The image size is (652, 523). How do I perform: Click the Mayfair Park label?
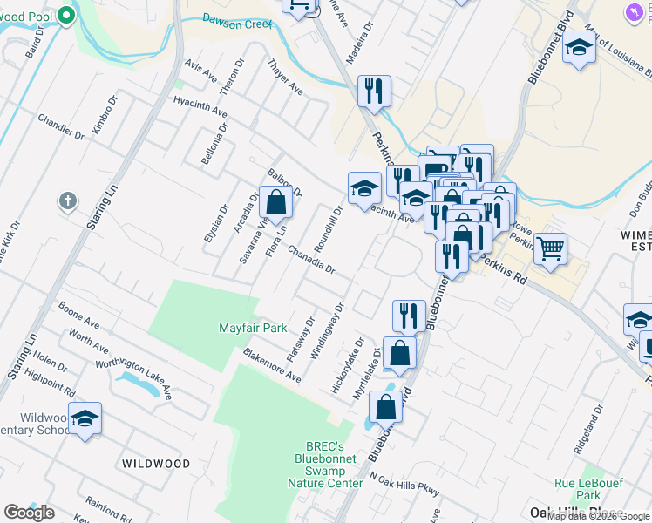click(252, 329)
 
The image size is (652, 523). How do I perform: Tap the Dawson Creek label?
click(237, 20)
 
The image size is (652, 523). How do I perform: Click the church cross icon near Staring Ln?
click(67, 202)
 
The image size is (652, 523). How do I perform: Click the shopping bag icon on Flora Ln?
click(275, 203)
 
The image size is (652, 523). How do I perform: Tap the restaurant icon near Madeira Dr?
click(374, 91)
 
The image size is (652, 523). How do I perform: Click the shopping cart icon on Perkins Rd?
click(550, 250)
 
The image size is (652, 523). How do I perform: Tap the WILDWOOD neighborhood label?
click(155, 464)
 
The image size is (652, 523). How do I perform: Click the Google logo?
click(29, 512)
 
